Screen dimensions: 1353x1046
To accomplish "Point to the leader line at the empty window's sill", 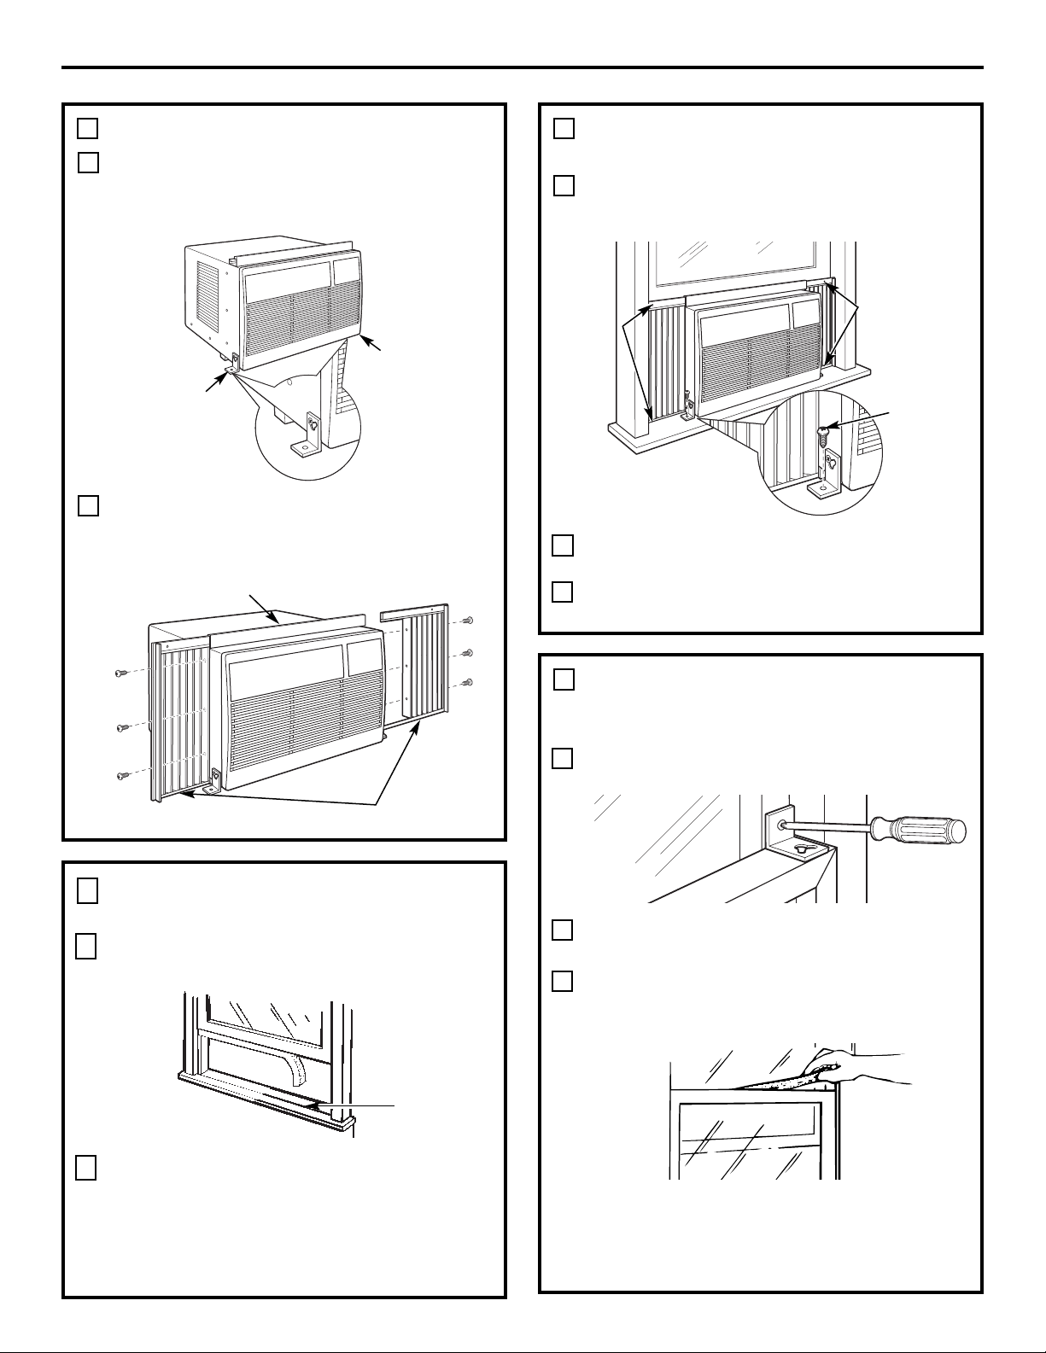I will [x=359, y=1107].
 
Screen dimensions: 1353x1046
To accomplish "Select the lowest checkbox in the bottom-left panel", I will [x=85, y=1168].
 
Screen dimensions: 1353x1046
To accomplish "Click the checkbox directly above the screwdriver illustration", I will [x=562, y=758].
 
